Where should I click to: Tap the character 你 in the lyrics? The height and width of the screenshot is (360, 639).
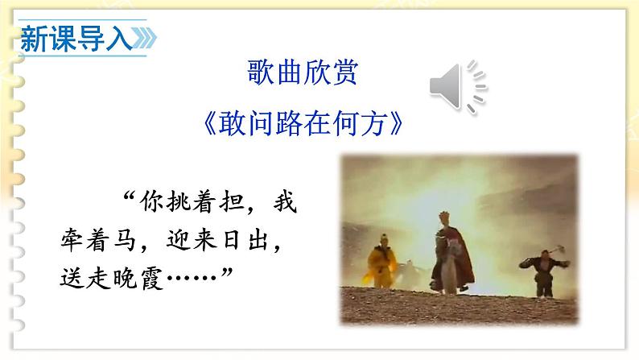[151, 201]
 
